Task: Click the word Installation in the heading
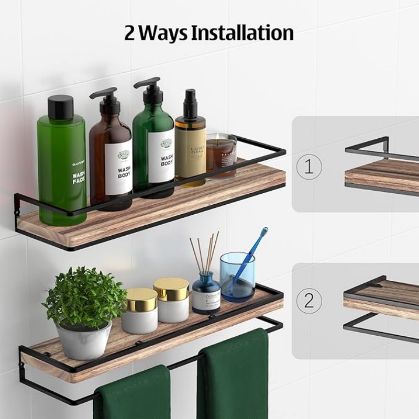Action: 241,32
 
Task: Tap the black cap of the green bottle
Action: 61,107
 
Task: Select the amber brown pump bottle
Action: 111,157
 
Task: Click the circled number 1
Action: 309,167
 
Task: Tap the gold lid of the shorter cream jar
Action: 140,300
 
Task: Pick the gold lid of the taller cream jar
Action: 171,289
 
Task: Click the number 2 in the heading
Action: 130,33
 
